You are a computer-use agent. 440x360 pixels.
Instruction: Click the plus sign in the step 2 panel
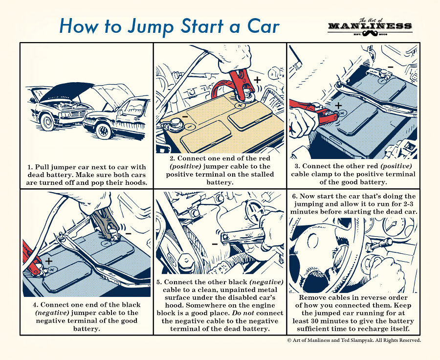(258, 79)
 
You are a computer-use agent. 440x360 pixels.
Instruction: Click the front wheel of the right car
(103, 130)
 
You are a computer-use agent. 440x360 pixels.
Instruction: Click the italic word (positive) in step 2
(182, 166)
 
